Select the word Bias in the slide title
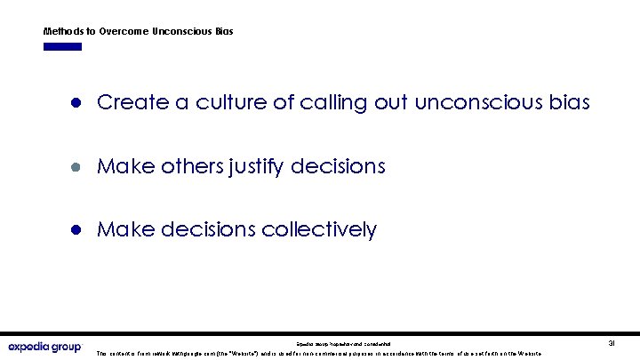tap(223, 31)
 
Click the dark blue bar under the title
tap(62, 46)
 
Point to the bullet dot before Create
tap(77, 103)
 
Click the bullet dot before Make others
tap(77, 166)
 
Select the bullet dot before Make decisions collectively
tap(77, 230)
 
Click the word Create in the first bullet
tap(125, 103)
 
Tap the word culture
tap(213, 103)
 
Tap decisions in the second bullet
tap(341, 166)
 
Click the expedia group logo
tap(44, 346)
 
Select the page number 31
tap(611, 342)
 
